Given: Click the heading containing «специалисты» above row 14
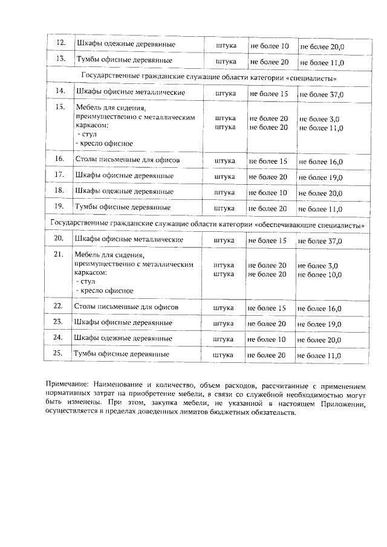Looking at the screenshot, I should (x=209, y=78).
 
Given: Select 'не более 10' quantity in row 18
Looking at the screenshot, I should (x=268, y=192).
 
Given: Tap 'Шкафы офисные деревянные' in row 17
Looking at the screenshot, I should (x=124, y=176).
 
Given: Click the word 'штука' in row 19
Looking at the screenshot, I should (x=225, y=208).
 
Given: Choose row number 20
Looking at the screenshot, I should (x=59, y=240).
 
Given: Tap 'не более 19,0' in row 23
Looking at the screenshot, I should (x=320, y=324).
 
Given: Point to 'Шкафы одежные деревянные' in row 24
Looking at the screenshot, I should (x=123, y=339).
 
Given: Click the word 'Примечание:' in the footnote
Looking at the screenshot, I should (x=70, y=384).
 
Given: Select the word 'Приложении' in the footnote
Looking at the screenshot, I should (x=343, y=403).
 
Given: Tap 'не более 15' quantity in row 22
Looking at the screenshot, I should (x=267, y=308).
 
